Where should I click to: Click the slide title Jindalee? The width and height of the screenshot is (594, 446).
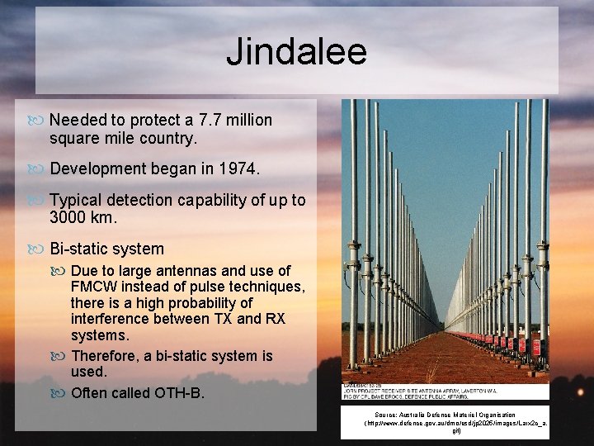[x=296, y=52]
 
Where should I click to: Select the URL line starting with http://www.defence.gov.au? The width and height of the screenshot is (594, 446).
[x=457, y=423]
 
